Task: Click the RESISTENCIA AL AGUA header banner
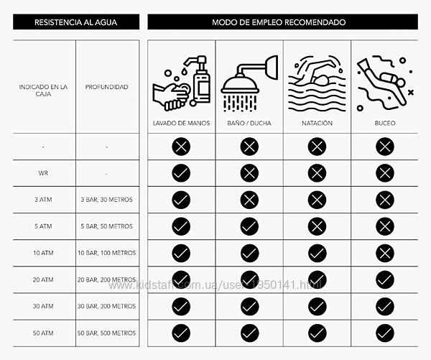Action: tap(75, 22)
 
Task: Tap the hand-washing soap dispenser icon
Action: tap(180, 83)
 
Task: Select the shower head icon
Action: tap(249, 83)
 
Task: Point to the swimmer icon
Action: tap(317, 83)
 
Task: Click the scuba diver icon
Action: tap(385, 83)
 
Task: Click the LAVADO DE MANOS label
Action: tap(181, 123)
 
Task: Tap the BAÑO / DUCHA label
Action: tap(249, 123)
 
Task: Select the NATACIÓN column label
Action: tap(317, 123)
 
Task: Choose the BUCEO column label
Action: tap(385, 123)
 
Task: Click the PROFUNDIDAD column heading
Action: tap(106, 87)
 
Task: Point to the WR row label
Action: tap(43, 173)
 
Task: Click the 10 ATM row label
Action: tap(43, 253)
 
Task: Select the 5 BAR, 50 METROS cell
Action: tap(106, 226)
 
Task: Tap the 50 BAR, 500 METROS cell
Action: tap(106, 333)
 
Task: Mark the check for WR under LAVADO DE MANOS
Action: tap(181, 173)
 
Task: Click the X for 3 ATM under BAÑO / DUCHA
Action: tap(249, 200)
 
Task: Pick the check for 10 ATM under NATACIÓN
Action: tap(317, 253)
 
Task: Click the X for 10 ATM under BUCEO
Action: tap(385, 253)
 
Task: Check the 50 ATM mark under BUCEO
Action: tap(385, 333)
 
